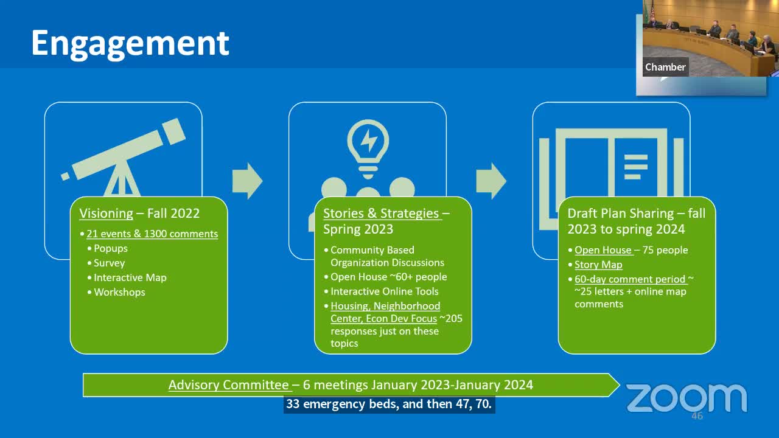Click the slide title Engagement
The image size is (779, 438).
pos(130,43)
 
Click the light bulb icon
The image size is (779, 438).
pos(368,144)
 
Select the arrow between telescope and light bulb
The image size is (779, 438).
pos(247,181)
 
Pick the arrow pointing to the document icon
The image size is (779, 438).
pos(491,181)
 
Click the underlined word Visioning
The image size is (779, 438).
pos(106,214)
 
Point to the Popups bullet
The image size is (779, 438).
pos(110,248)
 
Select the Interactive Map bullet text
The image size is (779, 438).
pos(130,277)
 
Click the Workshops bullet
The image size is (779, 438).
pos(119,292)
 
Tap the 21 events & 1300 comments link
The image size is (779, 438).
pos(152,234)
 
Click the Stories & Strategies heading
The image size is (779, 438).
pos(381,214)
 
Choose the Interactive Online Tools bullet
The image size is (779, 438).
pos(384,291)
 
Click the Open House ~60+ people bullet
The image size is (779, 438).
pos(388,277)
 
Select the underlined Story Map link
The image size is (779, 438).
pos(598,265)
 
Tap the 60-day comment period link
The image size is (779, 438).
pos(630,279)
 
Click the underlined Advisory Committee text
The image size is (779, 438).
pos(228,385)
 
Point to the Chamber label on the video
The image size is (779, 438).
pos(665,67)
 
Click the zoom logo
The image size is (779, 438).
pos(686,398)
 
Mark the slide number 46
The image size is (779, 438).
pos(697,416)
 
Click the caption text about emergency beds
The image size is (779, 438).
pos(389,404)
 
